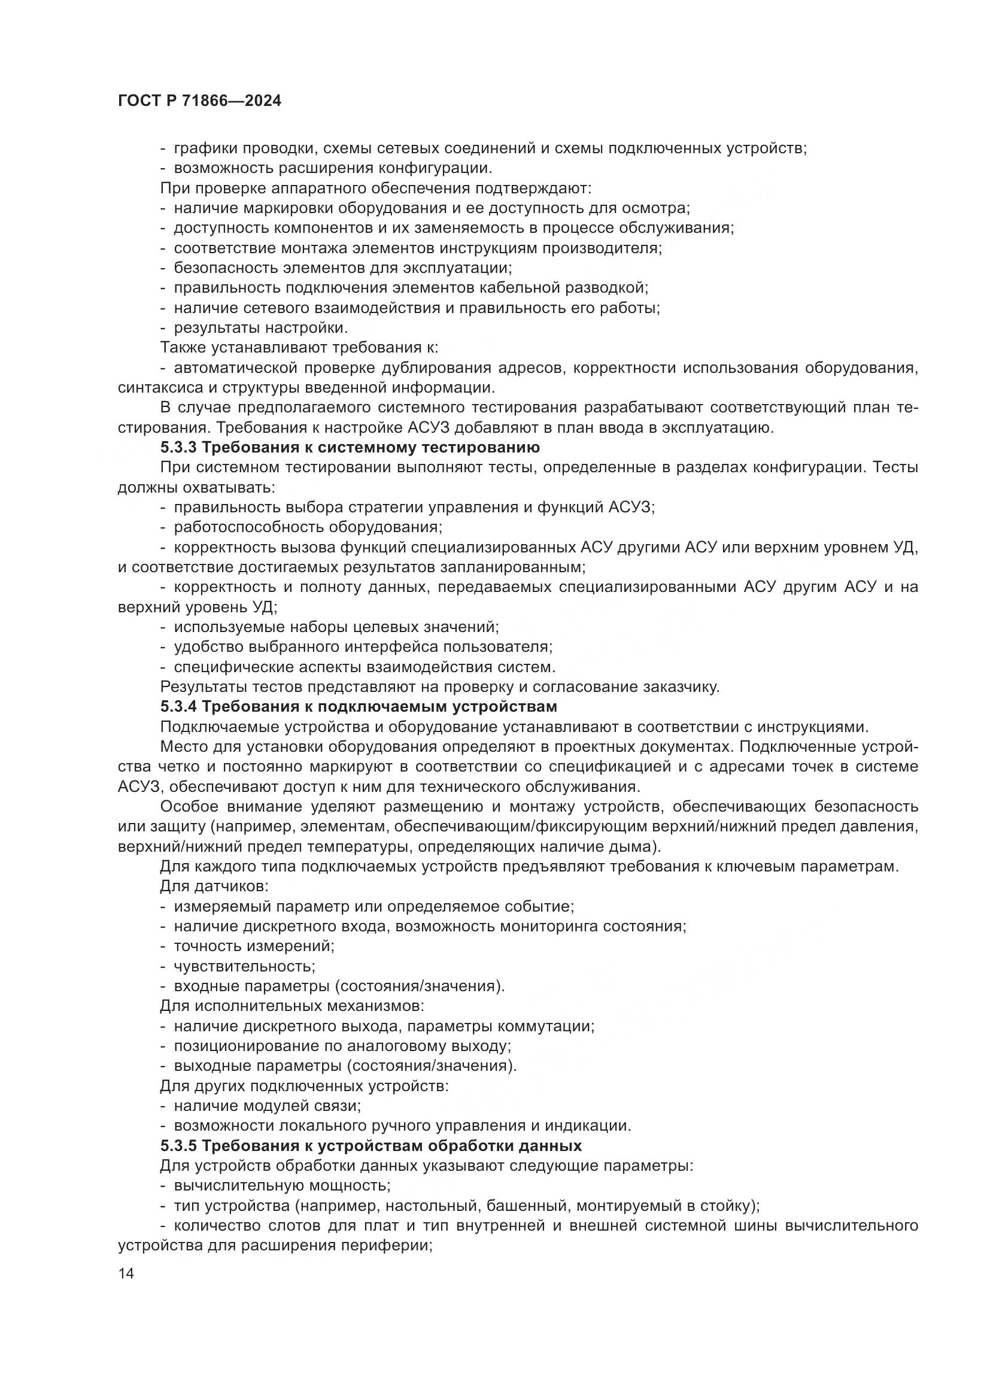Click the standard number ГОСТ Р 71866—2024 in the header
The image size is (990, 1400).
point(199,101)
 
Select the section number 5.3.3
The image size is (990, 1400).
point(178,448)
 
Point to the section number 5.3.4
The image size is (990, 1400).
point(178,707)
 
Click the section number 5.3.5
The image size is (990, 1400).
point(178,1146)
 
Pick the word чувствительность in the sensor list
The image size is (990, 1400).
point(244,967)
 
